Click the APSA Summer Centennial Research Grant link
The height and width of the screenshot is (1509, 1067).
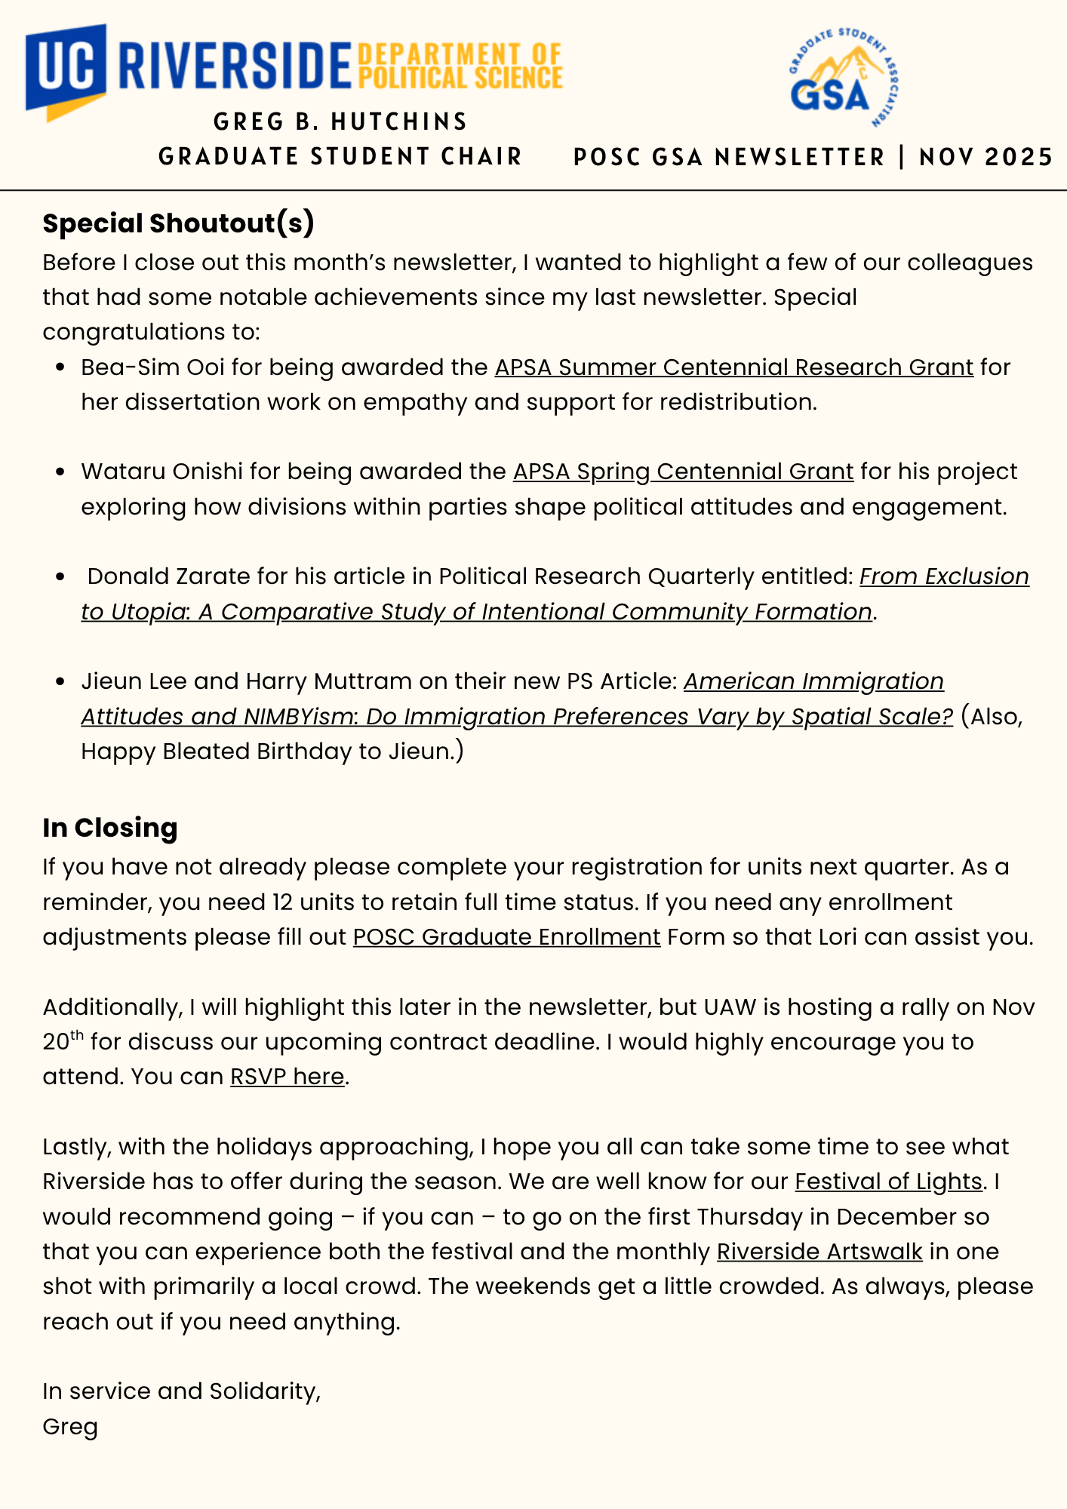click(x=733, y=367)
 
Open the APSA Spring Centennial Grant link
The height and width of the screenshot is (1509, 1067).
click(x=683, y=472)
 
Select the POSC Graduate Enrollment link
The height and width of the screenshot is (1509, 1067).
click(x=506, y=937)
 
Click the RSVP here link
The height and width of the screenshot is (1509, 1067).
click(x=287, y=1076)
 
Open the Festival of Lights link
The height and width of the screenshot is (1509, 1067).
click(x=888, y=1182)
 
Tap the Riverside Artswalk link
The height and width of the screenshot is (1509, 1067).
click(x=819, y=1252)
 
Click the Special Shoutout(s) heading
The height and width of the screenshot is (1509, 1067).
click(x=178, y=223)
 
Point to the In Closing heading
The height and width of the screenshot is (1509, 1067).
click(x=110, y=828)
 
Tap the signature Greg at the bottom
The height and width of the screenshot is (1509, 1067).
click(x=70, y=1428)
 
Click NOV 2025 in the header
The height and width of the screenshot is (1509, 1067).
click(x=986, y=157)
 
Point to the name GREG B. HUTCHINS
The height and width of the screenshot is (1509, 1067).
click(x=340, y=121)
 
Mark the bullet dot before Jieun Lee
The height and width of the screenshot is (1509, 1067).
click(x=61, y=682)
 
